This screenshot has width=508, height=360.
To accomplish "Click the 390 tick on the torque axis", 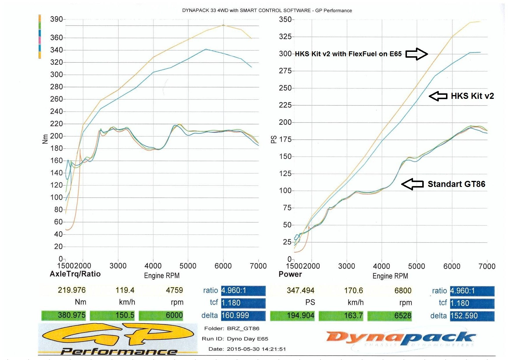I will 56,19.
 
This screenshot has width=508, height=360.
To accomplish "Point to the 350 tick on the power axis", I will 285,20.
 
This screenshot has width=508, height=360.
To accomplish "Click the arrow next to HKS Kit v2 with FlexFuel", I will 416,54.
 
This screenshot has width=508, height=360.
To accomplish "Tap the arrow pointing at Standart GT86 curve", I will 412,184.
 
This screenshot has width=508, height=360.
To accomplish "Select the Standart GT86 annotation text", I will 456,184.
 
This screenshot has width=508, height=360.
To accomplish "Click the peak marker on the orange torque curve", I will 223,25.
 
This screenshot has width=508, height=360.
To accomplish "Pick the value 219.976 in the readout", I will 72,290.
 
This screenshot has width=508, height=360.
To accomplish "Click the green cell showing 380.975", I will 64,315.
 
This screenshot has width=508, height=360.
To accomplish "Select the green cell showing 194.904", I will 293,316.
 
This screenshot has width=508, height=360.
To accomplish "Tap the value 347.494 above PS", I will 301,290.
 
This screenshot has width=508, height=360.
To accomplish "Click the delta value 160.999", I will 243,315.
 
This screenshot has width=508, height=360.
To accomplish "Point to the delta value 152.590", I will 472,316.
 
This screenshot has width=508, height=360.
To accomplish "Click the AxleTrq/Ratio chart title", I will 75,274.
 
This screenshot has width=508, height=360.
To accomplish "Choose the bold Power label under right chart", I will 290,274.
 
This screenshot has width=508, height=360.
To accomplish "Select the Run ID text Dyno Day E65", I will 247,339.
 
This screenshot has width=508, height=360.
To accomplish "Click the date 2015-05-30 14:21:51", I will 256,349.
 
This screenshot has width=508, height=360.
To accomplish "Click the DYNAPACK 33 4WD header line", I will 267,10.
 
